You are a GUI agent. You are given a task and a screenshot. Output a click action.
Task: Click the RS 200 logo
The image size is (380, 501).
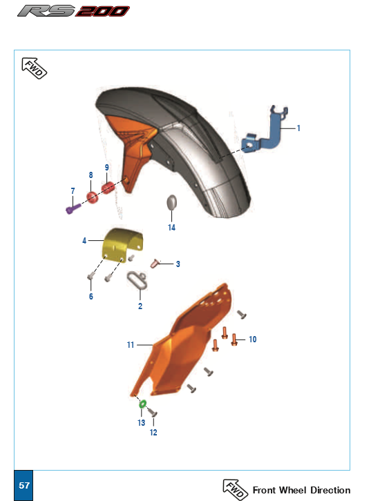73,11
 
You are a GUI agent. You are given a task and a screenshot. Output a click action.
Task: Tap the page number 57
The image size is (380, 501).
24,485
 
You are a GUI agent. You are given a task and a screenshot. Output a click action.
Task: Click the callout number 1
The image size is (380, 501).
298,128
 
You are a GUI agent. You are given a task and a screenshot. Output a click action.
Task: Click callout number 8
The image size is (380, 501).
91,175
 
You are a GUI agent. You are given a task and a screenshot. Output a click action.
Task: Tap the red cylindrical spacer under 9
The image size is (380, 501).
108,188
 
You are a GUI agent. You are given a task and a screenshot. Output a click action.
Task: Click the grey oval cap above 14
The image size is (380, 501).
172,203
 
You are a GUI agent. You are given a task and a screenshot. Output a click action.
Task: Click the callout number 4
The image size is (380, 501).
84,240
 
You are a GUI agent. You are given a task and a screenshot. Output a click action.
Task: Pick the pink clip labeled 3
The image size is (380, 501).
155,264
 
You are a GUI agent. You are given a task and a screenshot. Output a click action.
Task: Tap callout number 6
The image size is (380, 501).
91,297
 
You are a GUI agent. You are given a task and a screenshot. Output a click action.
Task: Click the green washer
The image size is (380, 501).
142,404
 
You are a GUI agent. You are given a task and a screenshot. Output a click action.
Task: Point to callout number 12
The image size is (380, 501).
153,432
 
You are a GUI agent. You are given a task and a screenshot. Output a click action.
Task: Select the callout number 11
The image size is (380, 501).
130,345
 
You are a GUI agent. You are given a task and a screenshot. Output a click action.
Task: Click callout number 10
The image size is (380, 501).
253,340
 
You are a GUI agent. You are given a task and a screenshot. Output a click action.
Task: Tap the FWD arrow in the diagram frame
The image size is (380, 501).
35,68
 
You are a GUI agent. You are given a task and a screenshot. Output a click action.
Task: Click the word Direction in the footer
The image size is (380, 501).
330,490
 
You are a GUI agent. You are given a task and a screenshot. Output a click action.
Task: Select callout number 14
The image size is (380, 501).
171,228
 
